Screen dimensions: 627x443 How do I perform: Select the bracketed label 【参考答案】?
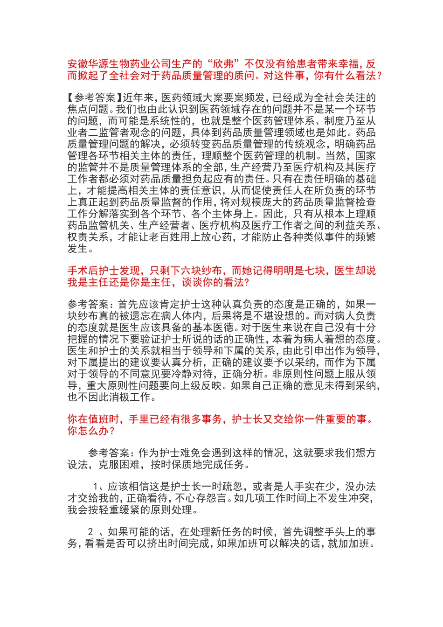tap(95, 98)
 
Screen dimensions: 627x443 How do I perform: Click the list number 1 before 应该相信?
tap(96, 487)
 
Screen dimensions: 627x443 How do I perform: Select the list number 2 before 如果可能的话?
tap(91, 532)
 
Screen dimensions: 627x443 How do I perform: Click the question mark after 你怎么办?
tap(111, 431)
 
